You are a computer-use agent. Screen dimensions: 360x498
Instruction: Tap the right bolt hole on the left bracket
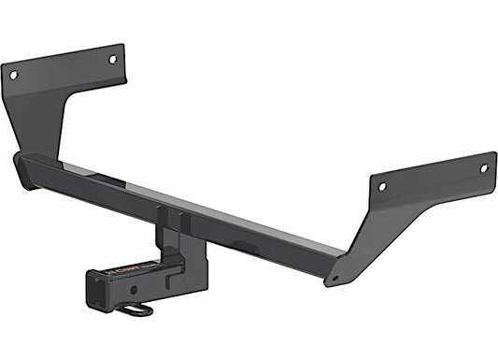tap(112, 59)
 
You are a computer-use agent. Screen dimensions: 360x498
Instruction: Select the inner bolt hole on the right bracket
tap(382, 186)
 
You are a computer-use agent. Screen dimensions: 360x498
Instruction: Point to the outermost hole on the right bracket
tap(483, 168)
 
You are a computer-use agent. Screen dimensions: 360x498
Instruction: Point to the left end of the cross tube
tap(24, 170)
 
